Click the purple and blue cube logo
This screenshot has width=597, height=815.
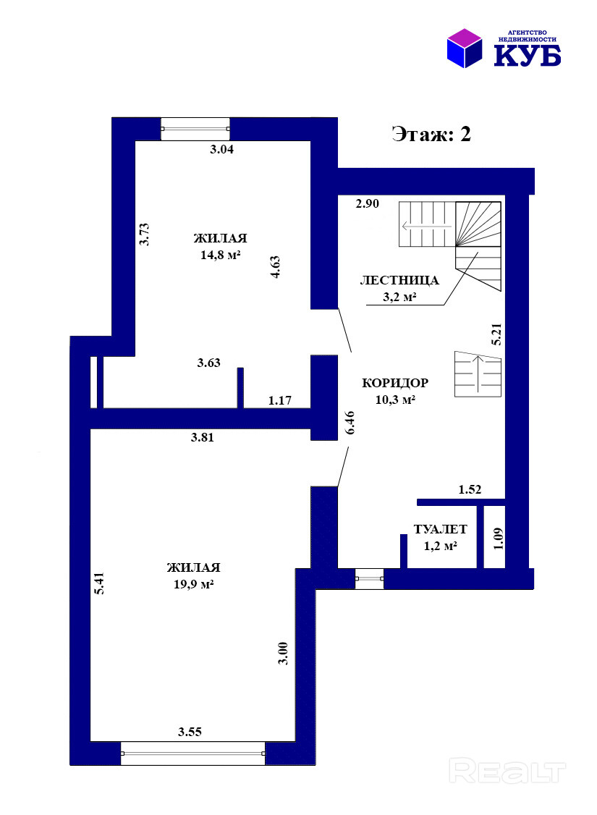click(x=465, y=48)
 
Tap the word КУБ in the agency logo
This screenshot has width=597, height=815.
click(x=527, y=55)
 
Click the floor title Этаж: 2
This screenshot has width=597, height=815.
click(x=431, y=134)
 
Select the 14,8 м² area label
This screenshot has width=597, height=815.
click(x=220, y=256)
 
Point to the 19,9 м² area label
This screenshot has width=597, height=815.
click(x=194, y=584)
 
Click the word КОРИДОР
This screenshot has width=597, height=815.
click(x=395, y=383)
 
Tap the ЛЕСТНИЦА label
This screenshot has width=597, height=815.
click(x=399, y=281)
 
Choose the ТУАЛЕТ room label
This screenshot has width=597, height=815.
click(x=441, y=529)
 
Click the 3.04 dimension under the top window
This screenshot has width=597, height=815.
click(x=222, y=150)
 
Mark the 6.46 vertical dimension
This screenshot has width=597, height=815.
click(x=350, y=423)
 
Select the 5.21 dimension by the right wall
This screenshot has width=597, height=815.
click(x=496, y=334)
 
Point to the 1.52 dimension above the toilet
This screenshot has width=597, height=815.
click(x=470, y=489)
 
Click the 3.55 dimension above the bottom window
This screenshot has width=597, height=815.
click(x=190, y=732)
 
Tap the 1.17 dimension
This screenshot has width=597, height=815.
click(x=279, y=400)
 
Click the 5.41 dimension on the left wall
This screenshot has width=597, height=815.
click(x=99, y=583)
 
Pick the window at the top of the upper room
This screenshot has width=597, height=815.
click(x=195, y=129)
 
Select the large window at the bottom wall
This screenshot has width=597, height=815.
click(x=192, y=753)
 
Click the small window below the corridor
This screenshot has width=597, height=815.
click(x=370, y=578)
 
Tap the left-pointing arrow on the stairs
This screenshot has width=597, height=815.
click(x=426, y=226)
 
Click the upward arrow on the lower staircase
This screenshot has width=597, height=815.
click(x=478, y=373)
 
